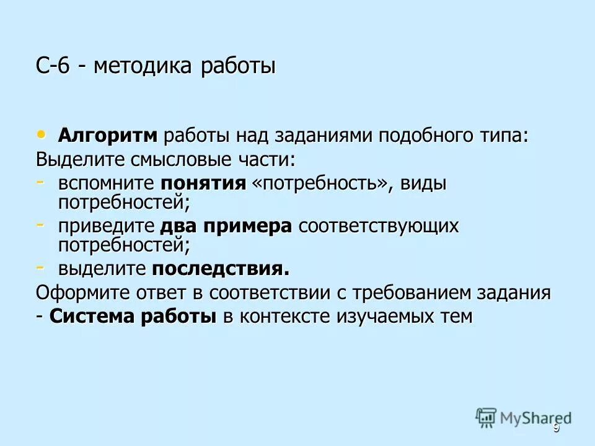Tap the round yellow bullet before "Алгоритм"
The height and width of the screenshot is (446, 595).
(x=42, y=133)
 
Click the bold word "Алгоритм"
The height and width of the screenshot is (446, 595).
(x=108, y=136)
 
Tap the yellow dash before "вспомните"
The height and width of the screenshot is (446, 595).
(x=40, y=181)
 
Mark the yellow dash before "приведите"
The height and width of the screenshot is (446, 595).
(x=40, y=224)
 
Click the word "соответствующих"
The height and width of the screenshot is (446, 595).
(x=378, y=227)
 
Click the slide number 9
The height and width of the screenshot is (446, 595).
(x=556, y=429)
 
